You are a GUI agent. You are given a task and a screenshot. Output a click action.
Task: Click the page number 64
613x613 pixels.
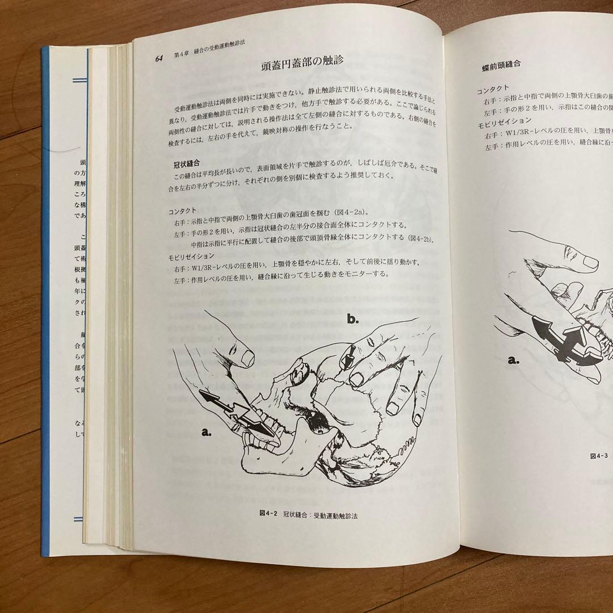click(159, 59)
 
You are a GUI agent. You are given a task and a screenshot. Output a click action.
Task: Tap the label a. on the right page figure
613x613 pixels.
click(514, 360)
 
